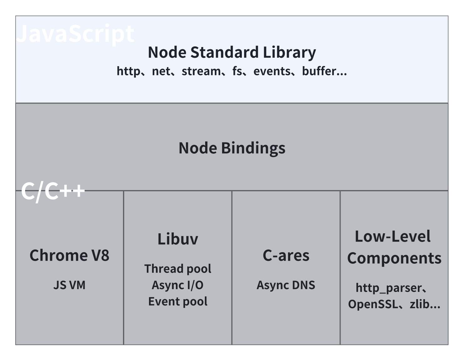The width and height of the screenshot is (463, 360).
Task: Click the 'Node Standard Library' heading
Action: [231, 52]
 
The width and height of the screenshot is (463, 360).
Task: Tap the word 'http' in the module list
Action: [128, 71]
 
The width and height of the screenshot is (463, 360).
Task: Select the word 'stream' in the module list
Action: [201, 71]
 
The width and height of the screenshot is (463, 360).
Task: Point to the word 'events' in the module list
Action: [272, 71]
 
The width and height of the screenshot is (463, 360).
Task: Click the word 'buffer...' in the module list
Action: [324, 71]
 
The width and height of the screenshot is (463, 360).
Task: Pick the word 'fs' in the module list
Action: [237, 71]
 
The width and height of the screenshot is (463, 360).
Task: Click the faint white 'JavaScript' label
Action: [75, 34]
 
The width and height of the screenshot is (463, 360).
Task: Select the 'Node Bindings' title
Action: [232, 148]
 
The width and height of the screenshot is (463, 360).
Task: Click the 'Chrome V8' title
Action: [69, 255]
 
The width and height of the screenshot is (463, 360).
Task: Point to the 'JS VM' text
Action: [69, 285]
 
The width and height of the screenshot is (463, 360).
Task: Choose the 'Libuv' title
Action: [178, 239]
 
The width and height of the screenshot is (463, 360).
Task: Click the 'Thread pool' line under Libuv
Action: [178, 269]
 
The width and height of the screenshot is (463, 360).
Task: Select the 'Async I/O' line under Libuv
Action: [178, 285]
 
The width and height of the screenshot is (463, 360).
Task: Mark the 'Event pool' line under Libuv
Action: [178, 301]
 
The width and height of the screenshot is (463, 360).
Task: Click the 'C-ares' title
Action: [286, 255]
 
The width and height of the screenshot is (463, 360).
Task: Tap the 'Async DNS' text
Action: [286, 285]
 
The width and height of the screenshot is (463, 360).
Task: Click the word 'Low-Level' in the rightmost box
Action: [392, 236]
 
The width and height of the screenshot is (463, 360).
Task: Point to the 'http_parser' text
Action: [389, 288]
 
